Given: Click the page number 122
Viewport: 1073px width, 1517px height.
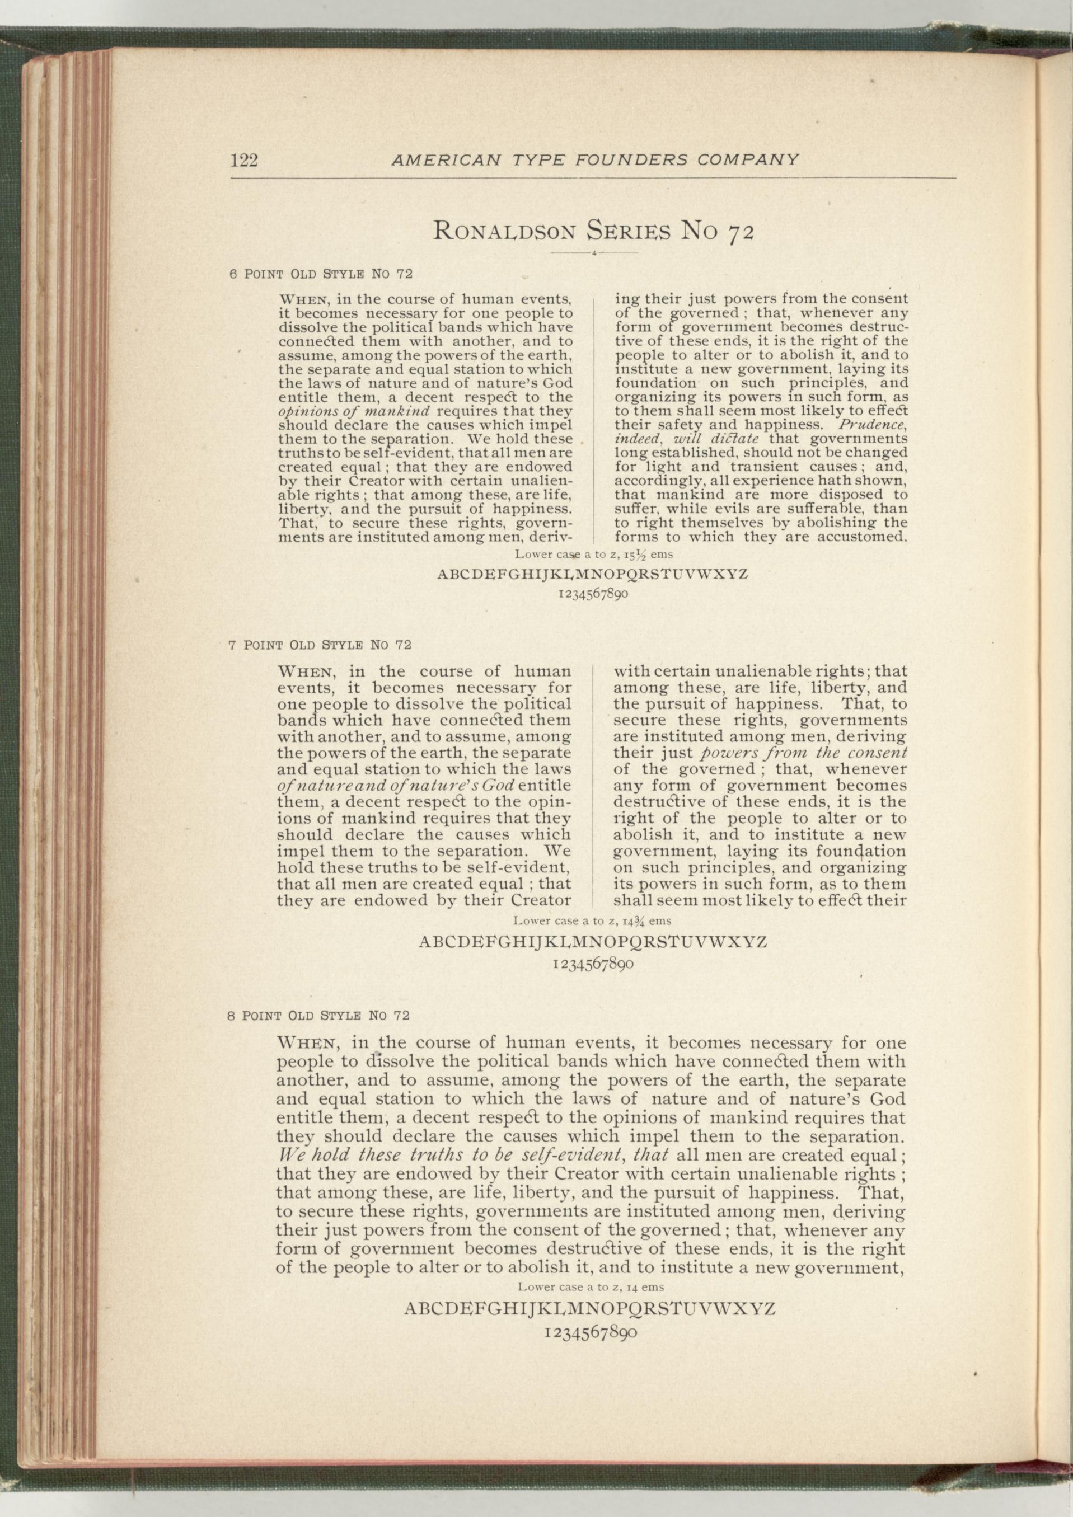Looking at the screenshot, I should coord(244,161).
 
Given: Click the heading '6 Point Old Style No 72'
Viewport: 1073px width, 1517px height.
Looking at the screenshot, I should coord(321,274).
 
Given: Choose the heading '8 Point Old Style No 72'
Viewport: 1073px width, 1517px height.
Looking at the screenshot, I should coord(318,1016).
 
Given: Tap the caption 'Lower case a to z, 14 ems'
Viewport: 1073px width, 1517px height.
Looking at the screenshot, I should coord(591,1287).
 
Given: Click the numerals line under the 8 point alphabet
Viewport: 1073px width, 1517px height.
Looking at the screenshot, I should coord(591,1333).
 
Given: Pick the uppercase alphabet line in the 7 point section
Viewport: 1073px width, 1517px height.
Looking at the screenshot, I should coord(593,942).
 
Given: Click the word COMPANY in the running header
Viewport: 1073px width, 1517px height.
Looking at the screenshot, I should coord(747,160).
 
